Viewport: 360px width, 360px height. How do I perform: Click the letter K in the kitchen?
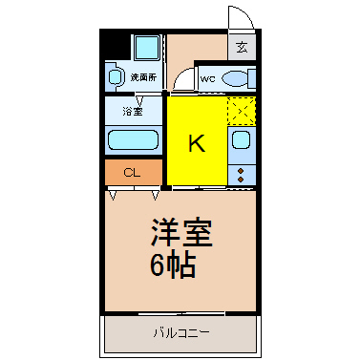196,143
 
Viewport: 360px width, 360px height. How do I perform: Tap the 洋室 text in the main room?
180,233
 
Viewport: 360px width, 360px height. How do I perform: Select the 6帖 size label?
172,265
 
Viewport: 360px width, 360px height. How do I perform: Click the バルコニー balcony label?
180,334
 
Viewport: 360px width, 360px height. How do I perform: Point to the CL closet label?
133,174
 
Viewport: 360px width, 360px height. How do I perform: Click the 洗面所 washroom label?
144,76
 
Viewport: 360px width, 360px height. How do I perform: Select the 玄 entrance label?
242,46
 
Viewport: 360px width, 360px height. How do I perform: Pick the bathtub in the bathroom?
133,139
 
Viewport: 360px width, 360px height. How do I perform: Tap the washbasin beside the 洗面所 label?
115,75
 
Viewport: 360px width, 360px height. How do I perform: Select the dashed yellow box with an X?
242,111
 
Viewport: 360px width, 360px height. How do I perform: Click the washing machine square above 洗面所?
147,48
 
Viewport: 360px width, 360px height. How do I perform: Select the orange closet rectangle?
133,173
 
